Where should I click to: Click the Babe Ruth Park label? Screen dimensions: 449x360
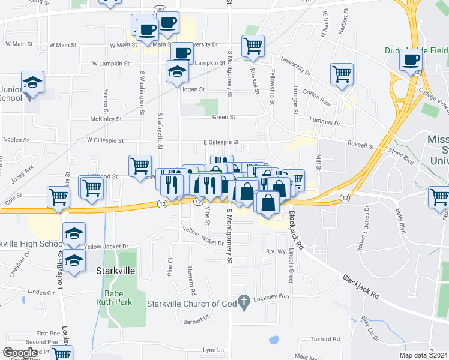click(x=114, y=298)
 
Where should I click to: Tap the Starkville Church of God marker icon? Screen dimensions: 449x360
click(x=243, y=303)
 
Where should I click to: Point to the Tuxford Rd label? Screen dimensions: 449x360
click(x=325, y=339)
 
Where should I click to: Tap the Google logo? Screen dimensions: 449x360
click(x=20, y=353)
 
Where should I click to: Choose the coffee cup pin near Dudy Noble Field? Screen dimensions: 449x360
click(x=412, y=60)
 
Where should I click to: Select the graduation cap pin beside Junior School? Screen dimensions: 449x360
click(x=33, y=83)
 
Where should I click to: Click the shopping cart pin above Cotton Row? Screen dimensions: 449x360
click(x=342, y=74)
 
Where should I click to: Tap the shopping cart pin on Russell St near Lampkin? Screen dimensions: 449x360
click(x=253, y=46)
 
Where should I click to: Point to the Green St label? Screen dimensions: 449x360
click(x=222, y=118)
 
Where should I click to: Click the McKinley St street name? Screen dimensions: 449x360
click(x=106, y=119)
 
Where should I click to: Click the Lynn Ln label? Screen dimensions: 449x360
click(x=213, y=350)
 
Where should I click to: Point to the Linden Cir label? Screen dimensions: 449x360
click(x=41, y=293)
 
